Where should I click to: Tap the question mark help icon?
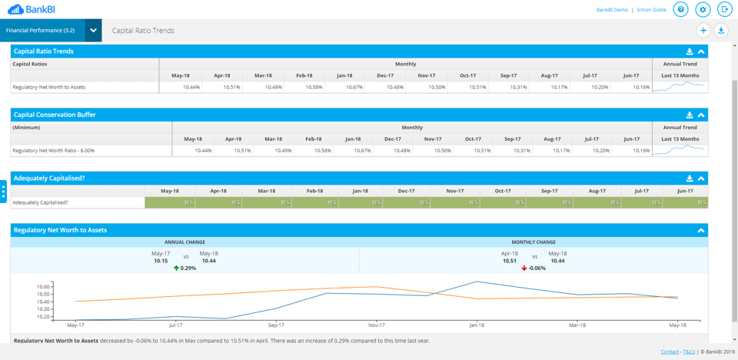click(680, 9)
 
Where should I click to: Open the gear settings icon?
click(703, 9)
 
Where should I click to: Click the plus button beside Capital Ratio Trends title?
click(703, 31)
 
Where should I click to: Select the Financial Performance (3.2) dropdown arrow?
click(93, 31)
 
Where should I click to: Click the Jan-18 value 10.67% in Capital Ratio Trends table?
click(354, 87)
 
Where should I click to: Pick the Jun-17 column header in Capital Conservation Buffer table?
click(631, 139)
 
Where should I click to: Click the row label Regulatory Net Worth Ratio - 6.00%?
click(54, 151)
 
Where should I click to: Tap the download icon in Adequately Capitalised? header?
click(690, 178)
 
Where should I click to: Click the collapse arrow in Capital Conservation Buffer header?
click(701, 115)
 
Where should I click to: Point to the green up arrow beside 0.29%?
click(176, 268)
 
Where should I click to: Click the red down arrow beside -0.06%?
click(524, 268)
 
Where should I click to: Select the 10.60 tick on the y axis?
click(43, 287)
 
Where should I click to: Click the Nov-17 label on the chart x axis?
click(376, 325)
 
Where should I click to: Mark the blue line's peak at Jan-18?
click(477, 282)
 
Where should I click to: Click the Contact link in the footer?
click(670, 352)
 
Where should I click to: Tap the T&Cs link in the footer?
click(689, 352)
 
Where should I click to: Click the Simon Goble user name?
click(651, 10)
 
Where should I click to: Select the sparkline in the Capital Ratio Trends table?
click(680, 87)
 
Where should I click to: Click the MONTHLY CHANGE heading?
click(534, 242)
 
